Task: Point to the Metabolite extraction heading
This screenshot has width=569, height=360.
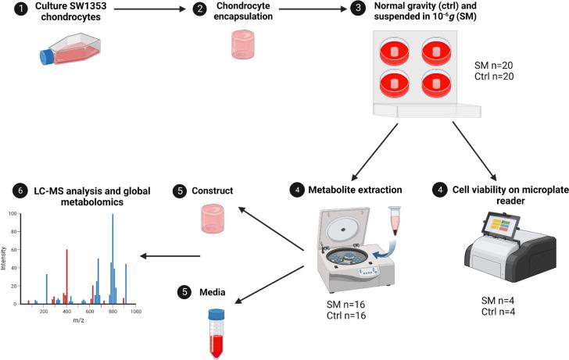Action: [x=373, y=189]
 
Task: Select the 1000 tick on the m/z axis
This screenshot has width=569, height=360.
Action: [x=136, y=311]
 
